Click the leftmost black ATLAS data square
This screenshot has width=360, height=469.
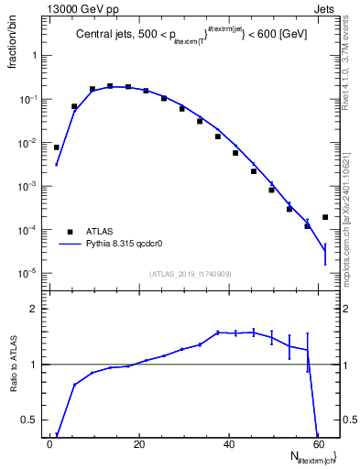pyautogui.click(x=57, y=147)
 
